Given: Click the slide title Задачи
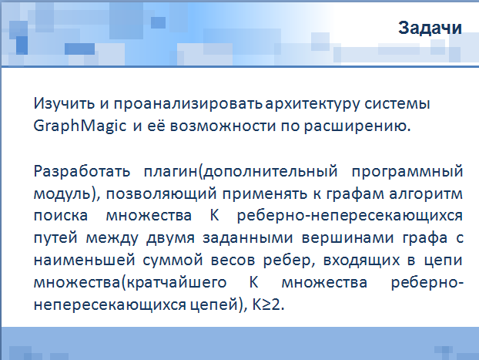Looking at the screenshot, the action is [430, 28].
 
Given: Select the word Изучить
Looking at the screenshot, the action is [64, 103].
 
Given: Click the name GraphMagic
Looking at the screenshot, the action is [80, 126].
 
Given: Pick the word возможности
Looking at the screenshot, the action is [223, 126].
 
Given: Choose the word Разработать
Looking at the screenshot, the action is [82, 171].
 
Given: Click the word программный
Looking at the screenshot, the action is [407, 172].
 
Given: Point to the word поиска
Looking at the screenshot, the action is [61, 216].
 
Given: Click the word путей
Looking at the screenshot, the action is [55, 238].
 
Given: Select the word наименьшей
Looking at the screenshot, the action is [84, 261].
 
